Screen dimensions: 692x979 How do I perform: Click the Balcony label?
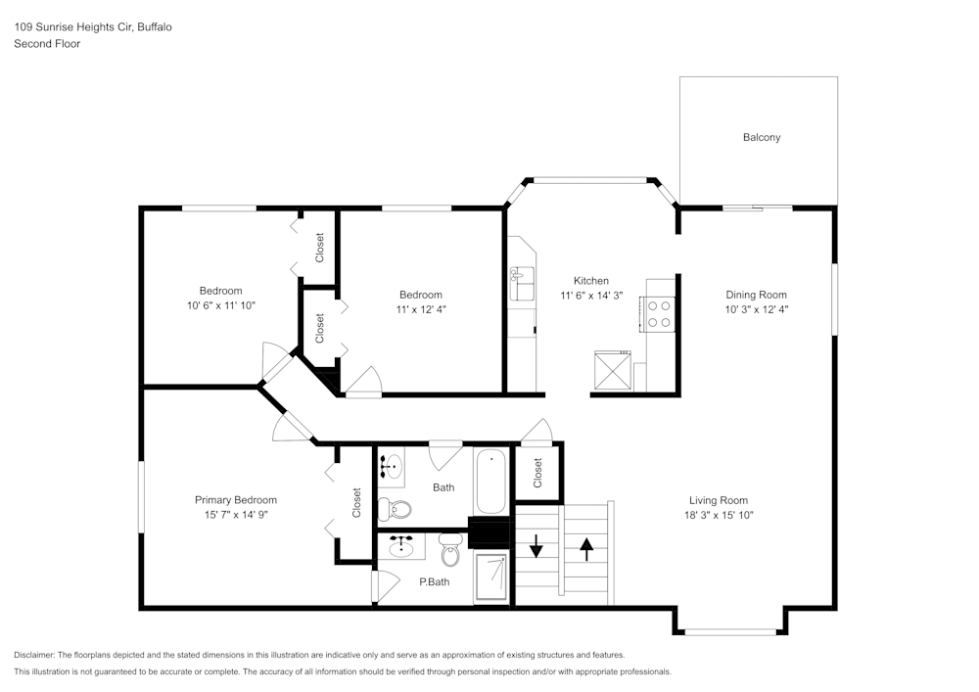coord(761,138)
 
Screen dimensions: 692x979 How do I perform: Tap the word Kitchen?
coord(590,281)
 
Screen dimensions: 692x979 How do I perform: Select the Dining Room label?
coord(756,295)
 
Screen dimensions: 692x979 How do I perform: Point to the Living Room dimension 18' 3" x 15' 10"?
coord(720,515)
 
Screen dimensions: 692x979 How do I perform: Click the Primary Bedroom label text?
coord(235,500)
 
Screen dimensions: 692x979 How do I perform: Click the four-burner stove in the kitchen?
coord(660,312)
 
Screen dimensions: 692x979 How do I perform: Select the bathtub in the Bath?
coord(489,481)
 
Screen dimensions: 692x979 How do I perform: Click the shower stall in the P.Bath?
coord(490,577)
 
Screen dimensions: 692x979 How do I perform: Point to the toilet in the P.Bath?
coord(450,551)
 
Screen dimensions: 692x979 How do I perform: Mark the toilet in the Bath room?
coord(396,508)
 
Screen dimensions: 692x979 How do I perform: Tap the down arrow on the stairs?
coord(536,548)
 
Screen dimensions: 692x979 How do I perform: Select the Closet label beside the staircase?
coord(537,473)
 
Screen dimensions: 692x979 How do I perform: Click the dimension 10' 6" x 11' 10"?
coord(220,305)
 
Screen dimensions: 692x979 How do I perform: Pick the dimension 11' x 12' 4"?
coord(420,309)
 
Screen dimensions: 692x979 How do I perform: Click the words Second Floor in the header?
coord(47,44)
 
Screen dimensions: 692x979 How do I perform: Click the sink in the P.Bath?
coord(401,547)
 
